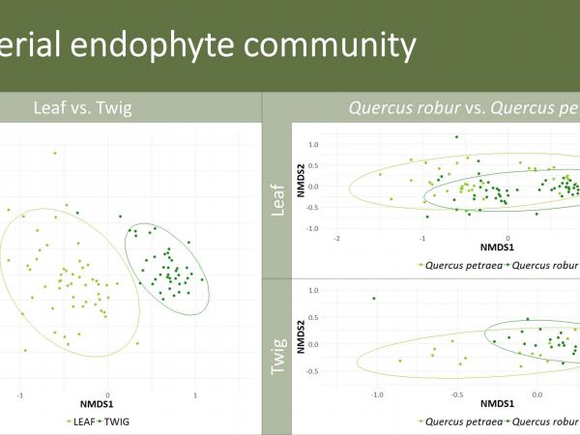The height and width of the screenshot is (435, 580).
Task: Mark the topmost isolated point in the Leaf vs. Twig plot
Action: (x=55, y=153)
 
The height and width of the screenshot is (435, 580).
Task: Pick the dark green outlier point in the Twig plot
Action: (x=374, y=299)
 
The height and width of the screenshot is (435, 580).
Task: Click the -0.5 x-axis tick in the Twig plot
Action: (x=456, y=394)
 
